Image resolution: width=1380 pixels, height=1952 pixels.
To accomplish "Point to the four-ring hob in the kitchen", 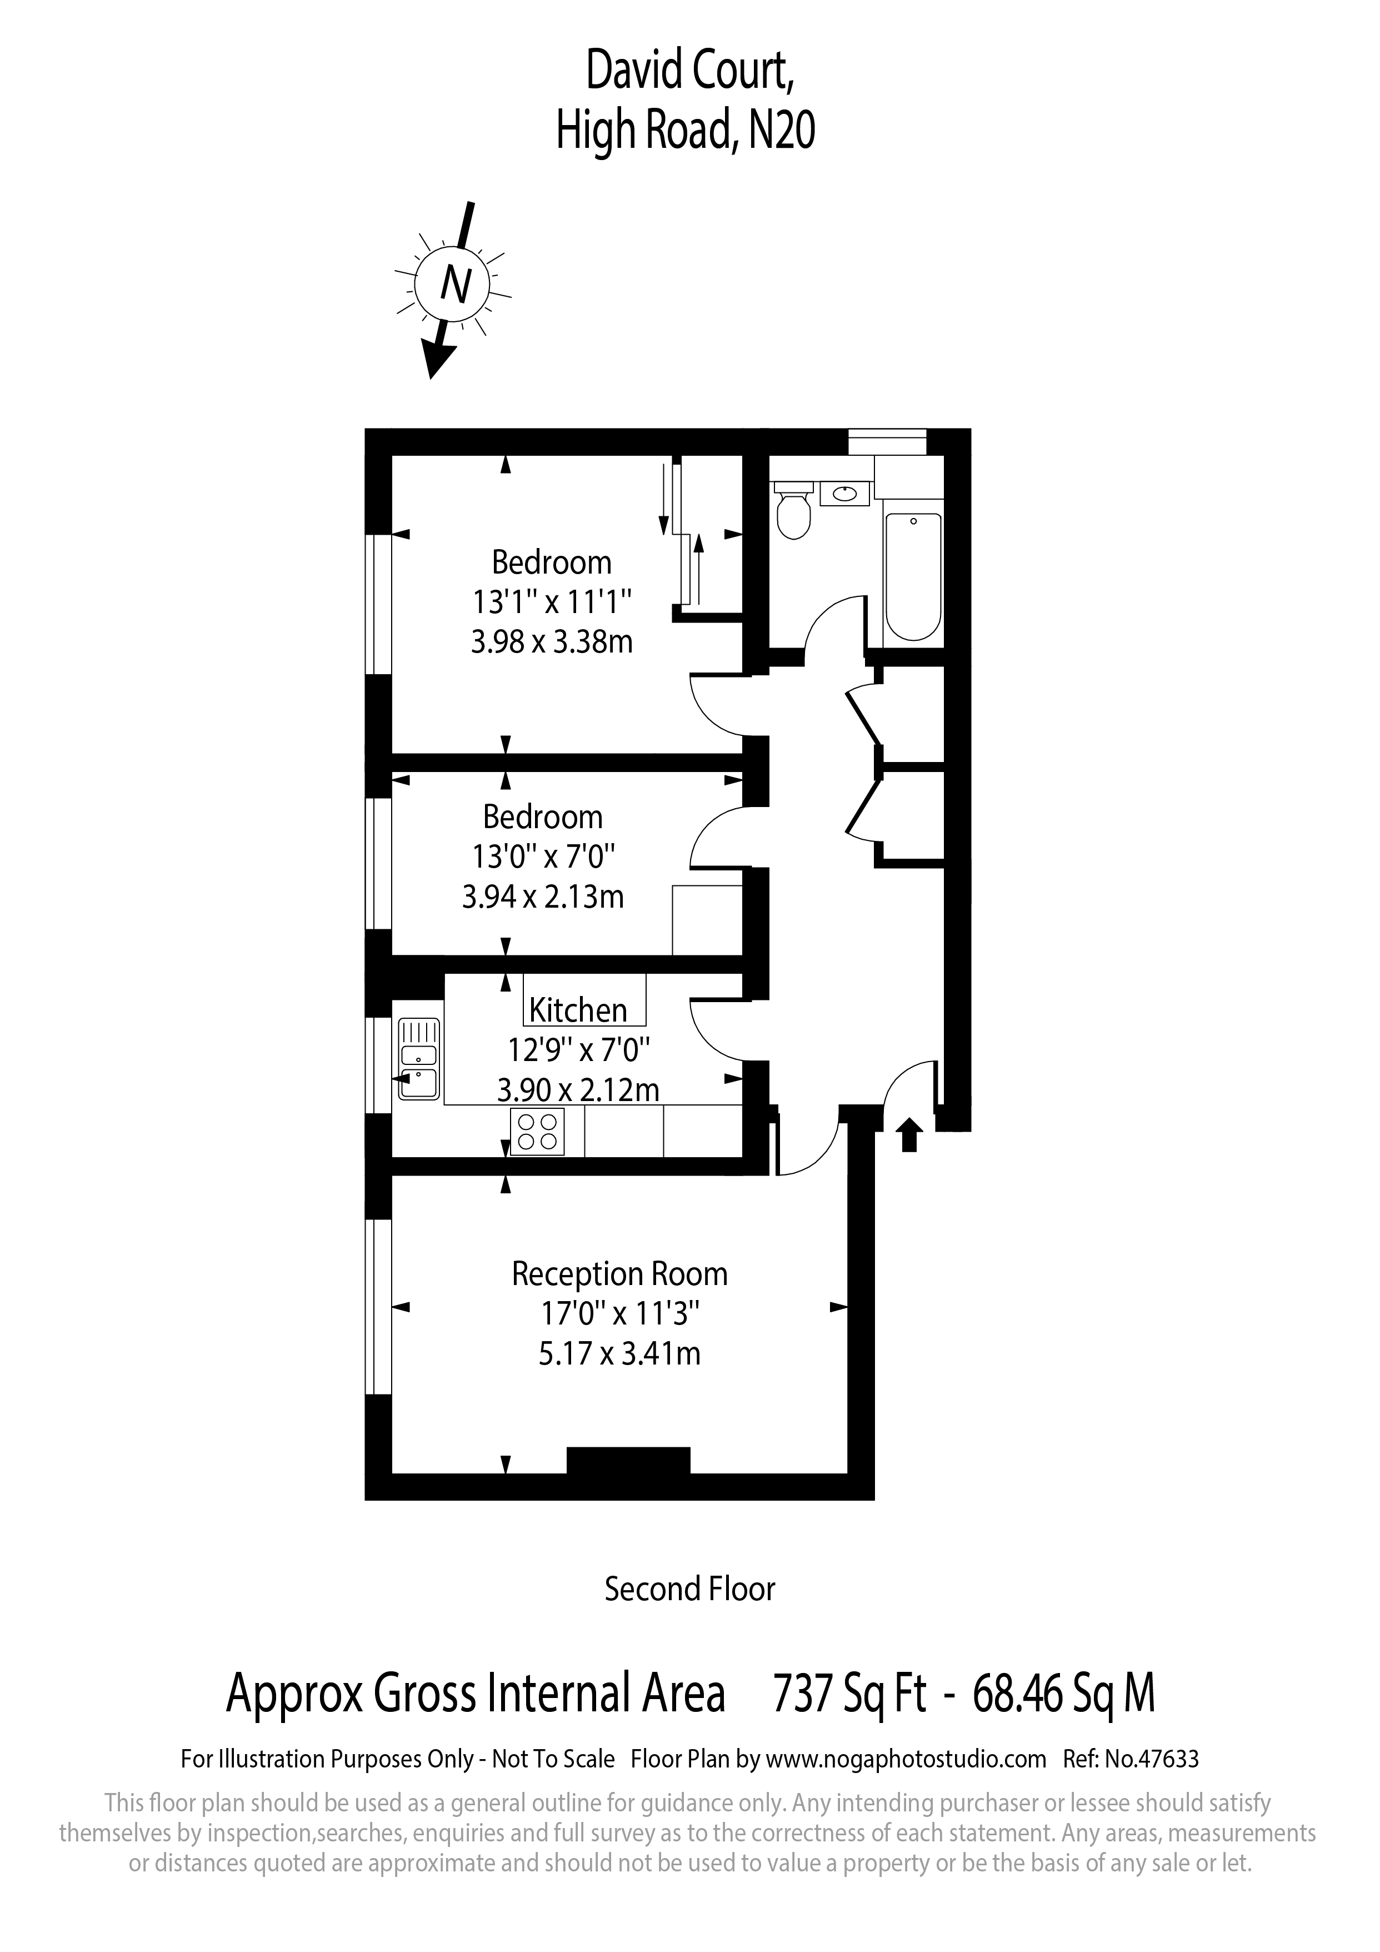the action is (x=538, y=1132).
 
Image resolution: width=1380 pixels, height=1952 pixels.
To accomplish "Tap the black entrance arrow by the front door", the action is (x=909, y=1135).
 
